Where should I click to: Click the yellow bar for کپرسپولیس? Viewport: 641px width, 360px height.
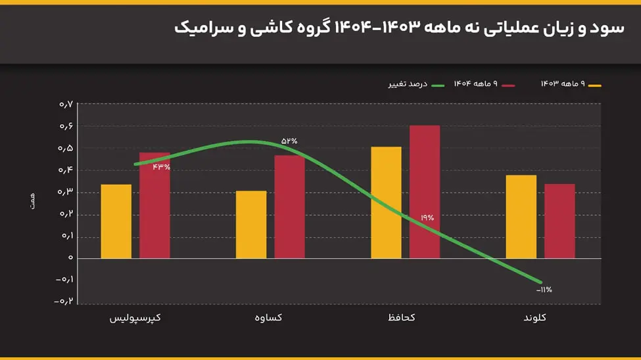(116, 221)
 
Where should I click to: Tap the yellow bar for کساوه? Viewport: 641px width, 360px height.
(251, 224)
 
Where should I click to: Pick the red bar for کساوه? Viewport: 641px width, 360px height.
(289, 206)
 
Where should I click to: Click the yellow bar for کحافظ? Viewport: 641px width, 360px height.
(386, 202)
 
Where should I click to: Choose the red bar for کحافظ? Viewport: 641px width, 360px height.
(425, 191)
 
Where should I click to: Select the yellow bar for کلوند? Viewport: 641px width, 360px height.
(521, 216)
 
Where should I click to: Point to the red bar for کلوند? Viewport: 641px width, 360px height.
(559, 221)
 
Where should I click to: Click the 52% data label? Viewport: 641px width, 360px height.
(289, 141)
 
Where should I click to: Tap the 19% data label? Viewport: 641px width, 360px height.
(427, 217)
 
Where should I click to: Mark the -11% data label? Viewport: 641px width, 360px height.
(544, 289)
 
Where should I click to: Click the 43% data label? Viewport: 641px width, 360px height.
(161, 167)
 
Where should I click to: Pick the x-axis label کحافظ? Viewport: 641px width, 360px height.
(402, 318)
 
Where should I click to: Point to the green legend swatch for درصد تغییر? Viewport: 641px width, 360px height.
(439, 85)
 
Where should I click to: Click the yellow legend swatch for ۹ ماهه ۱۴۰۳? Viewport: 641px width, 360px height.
(595, 85)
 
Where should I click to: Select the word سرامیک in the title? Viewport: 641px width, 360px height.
(201, 28)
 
